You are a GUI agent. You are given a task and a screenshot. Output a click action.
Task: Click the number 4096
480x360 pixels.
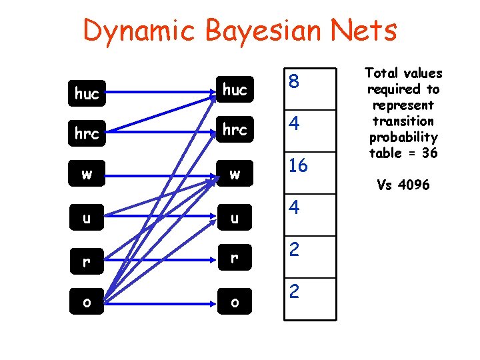click(x=413, y=185)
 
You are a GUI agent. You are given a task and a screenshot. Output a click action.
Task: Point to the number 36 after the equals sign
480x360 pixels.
click(x=430, y=153)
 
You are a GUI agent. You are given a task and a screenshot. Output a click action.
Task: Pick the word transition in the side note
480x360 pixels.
click(x=403, y=121)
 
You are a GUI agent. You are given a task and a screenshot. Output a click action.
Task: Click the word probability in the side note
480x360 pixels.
click(x=403, y=137)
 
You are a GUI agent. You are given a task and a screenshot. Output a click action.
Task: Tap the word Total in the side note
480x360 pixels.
click(x=383, y=73)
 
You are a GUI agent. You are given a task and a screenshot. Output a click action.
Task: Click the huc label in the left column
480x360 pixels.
click(x=87, y=94)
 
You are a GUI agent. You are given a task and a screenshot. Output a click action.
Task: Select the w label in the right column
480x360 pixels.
click(x=235, y=175)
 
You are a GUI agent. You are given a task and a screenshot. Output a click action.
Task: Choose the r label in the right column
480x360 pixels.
click(x=235, y=260)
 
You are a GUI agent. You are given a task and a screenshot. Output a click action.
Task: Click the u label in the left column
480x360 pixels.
click(x=87, y=217)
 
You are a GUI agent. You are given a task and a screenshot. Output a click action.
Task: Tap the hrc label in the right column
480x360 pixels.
click(x=235, y=131)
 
